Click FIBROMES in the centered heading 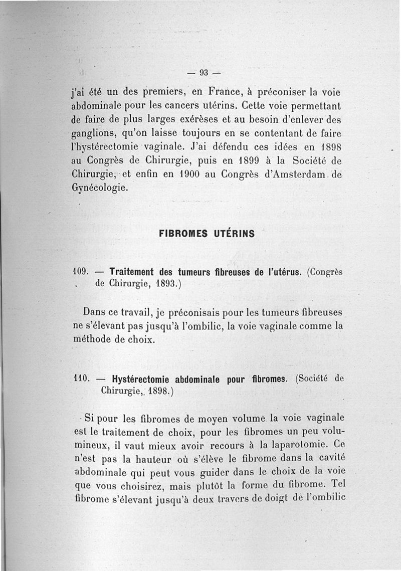(181, 234)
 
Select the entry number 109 (81, 272)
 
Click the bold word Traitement (132, 272)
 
